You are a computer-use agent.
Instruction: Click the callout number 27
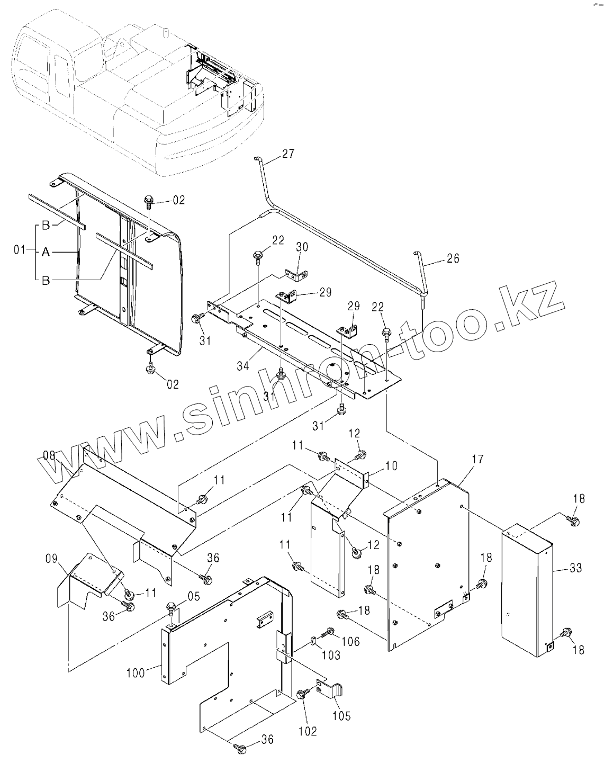coord(288,154)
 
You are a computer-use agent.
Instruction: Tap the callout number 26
coord(453,259)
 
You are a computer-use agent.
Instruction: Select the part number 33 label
coord(576,568)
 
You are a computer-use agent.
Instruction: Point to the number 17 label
coord(477,460)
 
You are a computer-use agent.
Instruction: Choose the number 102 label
coord(307,732)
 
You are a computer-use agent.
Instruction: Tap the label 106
coord(350,641)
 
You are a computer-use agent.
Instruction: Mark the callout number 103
coord(331,656)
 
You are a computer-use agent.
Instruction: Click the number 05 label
coord(193,597)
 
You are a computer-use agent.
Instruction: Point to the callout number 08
coord(49,454)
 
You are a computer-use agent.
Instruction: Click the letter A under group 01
coord(46,253)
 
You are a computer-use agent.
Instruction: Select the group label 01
coord(19,249)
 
